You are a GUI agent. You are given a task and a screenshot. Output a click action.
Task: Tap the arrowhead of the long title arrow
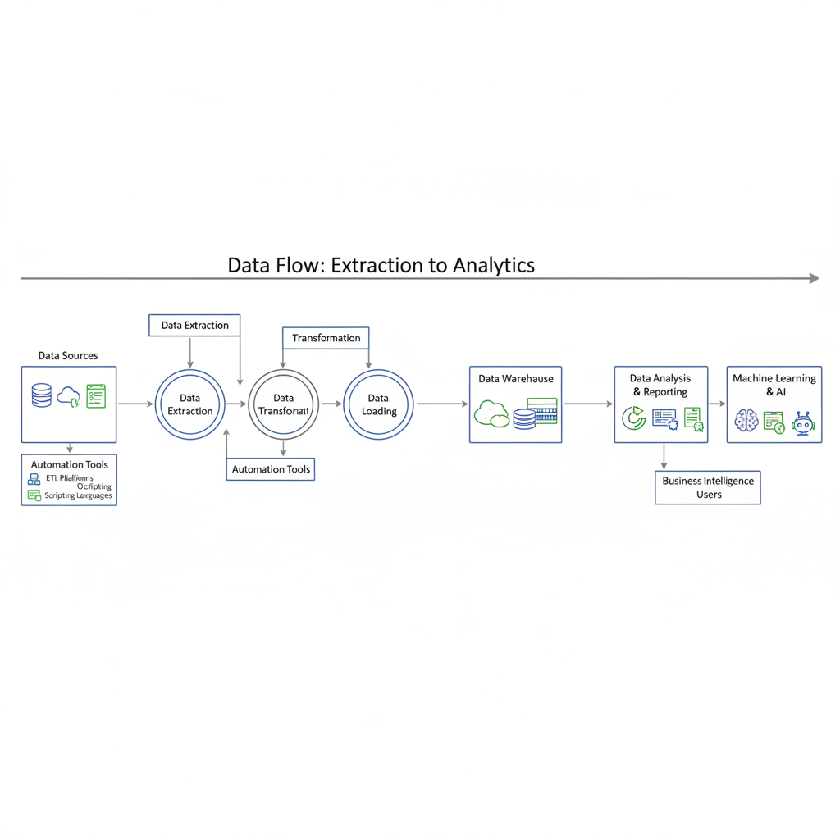point(814,279)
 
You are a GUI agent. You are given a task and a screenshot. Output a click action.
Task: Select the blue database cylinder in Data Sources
point(41,395)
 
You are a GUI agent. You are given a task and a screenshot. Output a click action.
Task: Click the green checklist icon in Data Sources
point(96,395)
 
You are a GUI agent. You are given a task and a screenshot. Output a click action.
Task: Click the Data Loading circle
point(378,404)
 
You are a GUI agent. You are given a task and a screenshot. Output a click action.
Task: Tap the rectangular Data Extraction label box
point(194,325)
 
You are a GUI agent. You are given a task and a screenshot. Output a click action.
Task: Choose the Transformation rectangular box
point(326,338)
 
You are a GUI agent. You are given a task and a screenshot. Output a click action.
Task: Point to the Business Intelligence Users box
point(708,487)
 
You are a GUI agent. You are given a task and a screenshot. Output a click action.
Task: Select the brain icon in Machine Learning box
point(746,421)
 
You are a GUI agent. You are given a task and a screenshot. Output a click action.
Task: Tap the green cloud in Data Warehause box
point(491,413)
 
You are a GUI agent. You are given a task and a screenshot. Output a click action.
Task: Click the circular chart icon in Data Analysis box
point(633,418)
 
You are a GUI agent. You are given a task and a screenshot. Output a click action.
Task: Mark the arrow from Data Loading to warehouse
point(442,404)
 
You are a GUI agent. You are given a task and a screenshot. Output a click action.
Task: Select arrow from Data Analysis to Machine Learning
point(717,404)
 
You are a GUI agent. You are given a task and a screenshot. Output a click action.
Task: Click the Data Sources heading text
point(68,355)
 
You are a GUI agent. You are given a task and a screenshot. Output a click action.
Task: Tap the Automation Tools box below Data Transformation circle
point(271,469)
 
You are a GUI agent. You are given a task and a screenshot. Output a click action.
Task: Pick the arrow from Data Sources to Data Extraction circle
point(135,404)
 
